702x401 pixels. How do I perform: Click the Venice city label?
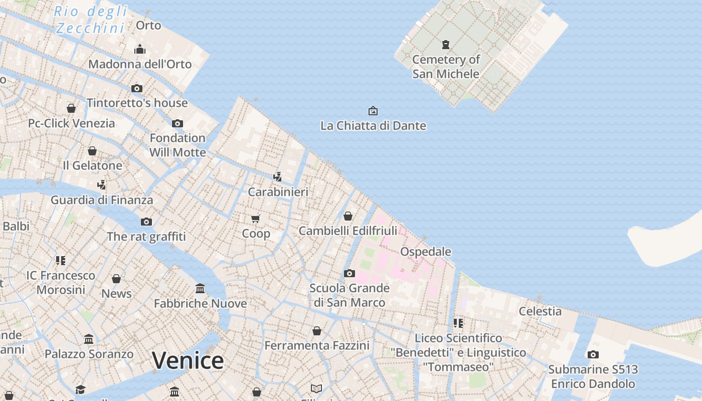(188, 360)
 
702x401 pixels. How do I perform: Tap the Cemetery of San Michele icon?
(445, 45)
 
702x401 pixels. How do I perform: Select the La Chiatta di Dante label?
(373, 125)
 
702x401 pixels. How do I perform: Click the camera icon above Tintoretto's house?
(136, 89)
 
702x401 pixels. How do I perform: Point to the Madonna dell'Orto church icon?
(140, 49)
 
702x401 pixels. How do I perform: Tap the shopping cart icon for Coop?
(256, 219)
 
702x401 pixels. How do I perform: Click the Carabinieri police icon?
(277, 176)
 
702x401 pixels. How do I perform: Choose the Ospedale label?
(426, 251)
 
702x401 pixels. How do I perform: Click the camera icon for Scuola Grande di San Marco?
(349, 273)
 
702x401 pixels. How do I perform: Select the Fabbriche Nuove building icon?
(200, 288)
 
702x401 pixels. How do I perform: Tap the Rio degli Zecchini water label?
(90, 19)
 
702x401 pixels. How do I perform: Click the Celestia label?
(540, 311)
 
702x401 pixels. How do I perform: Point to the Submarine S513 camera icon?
(593, 354)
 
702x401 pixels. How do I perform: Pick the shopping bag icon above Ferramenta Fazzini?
(316, 331)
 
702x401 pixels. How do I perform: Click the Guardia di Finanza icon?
(102, 184)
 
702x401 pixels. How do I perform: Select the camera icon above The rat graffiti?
(146, 222)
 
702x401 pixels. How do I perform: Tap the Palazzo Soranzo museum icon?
(89, 339)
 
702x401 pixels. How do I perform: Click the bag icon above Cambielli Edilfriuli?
(347, 216)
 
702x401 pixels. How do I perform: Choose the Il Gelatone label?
(92, 165)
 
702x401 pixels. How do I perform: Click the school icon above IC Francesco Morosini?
(61, 260)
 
